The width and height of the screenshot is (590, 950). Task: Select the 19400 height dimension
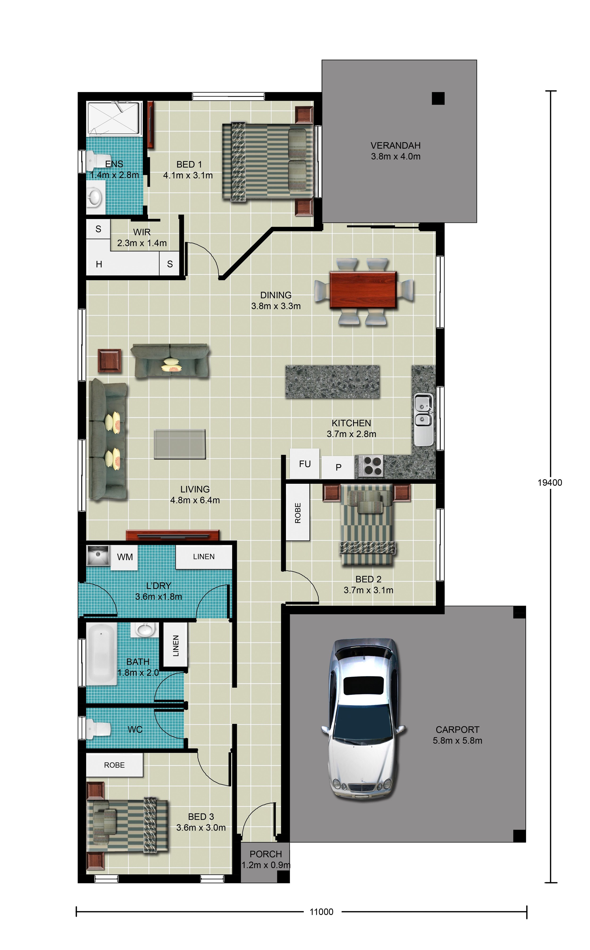click(550, 483)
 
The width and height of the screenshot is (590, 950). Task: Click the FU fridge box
click(305, 464)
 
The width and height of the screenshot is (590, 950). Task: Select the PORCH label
click(265, 854)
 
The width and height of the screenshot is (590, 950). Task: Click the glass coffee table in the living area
click(180, 444)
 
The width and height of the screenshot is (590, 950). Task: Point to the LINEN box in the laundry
click(204, 557)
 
